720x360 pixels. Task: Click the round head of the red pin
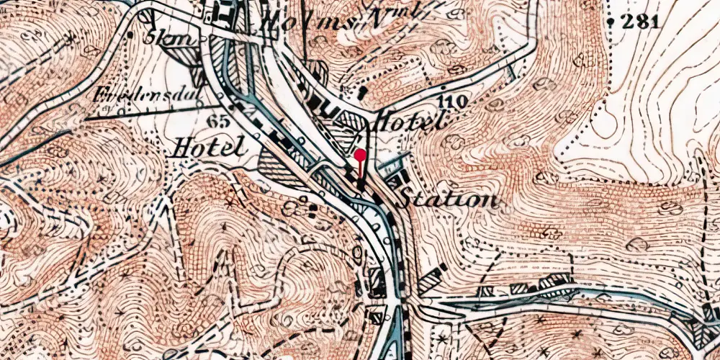[x=360, y=155]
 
